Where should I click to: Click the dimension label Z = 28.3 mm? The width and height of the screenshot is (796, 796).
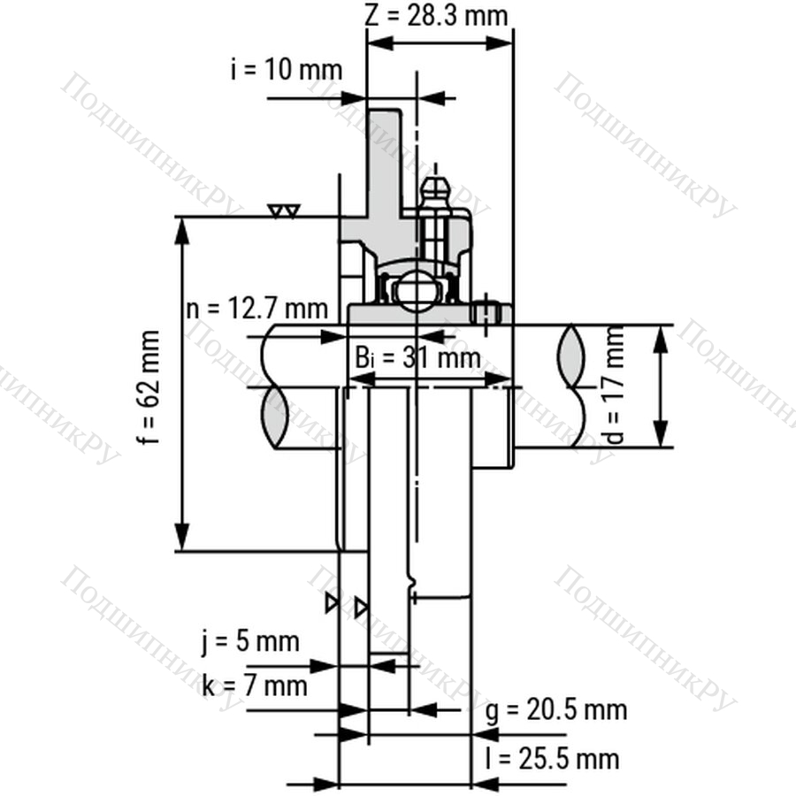point(436,16)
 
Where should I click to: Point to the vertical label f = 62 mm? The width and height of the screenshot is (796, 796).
point(149,387)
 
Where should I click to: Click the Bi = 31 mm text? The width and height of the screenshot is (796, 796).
point(417,357)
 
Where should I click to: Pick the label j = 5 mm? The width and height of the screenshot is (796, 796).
point(250,642)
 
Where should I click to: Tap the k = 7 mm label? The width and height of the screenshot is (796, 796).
point(255,686)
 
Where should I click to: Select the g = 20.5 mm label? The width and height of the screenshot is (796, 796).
point(556,709)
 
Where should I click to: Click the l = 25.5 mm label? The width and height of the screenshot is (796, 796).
point(552,760)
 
